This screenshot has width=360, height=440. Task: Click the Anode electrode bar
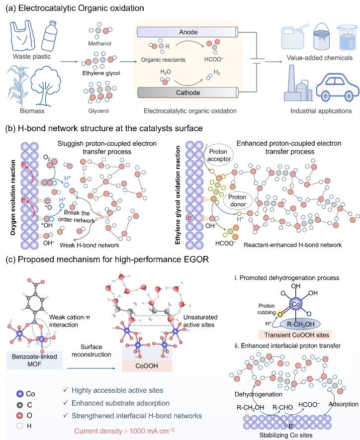(x=187, y=32)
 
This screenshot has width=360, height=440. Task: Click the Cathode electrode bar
(x=187, y=92)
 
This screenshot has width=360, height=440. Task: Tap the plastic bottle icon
(x=49, y=35)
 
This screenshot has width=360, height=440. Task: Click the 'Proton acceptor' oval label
(x=219, y=155)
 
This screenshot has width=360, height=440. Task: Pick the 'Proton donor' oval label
(x=238, y=201)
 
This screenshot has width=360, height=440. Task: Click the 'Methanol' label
(x=99, y=43)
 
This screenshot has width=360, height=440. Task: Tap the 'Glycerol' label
(x=98, y=111)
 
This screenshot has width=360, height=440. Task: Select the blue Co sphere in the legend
(x=20, y=394)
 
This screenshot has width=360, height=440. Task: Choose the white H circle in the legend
(x=20, y=426)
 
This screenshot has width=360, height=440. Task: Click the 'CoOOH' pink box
(x=147, y=366)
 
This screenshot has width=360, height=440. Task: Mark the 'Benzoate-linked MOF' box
(x=34, y=360)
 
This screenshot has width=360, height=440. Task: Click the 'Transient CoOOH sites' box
(x=295, y=335)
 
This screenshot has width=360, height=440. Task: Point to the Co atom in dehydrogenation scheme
(x=296, y=304)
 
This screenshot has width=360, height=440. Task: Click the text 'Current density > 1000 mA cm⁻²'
(x=124, y=431)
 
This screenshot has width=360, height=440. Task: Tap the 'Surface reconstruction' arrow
(x=91, y=368)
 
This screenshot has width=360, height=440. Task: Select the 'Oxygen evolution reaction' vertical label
(x=13, y=197)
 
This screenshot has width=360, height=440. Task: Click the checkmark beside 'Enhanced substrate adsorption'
(x=66, y=403)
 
